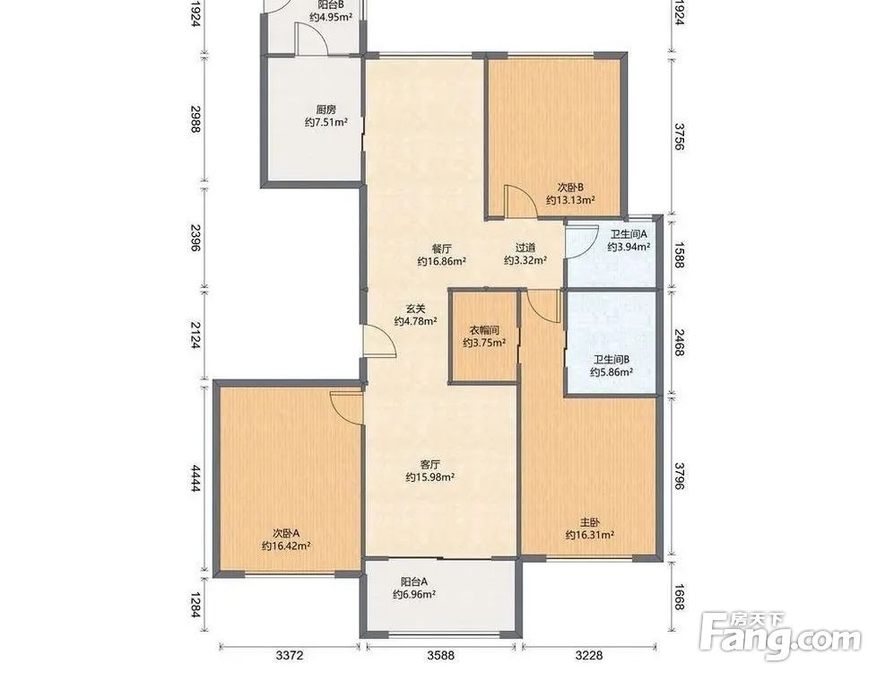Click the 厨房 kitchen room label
click(326, 109)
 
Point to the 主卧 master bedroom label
click(589, 522)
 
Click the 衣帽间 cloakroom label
click(484, 330)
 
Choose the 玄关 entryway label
click(415, 309)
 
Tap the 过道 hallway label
click(525, 248)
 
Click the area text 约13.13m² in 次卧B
click(570, 200)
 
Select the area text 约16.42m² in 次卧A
click(286, 546)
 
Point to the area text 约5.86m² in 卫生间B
click(612, 371)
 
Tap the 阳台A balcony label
click(414, 581)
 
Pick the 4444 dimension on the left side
click(195, 478)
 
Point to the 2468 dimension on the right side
click(680, 342)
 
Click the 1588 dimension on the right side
click(680, 254)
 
